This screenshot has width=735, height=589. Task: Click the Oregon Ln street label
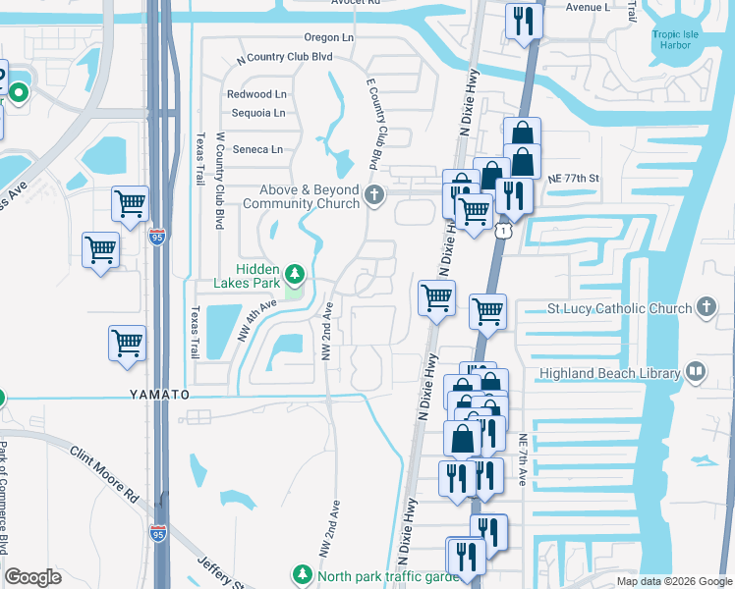328,37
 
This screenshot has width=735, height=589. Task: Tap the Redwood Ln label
256,94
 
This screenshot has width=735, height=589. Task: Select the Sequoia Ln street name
258,113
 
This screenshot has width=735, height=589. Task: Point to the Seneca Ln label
257,149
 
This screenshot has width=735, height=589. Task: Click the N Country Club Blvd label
285,57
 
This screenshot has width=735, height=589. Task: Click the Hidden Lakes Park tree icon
293,273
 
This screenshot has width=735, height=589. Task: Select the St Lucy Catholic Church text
619,308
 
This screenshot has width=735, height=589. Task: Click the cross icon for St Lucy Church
706,308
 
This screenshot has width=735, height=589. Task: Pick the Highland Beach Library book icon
696,373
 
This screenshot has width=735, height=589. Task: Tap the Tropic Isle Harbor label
678,39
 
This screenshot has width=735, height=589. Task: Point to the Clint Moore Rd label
104,475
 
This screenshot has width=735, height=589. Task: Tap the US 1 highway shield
503,230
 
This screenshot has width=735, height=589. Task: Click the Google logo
33,577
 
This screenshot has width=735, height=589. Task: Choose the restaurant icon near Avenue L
523,20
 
